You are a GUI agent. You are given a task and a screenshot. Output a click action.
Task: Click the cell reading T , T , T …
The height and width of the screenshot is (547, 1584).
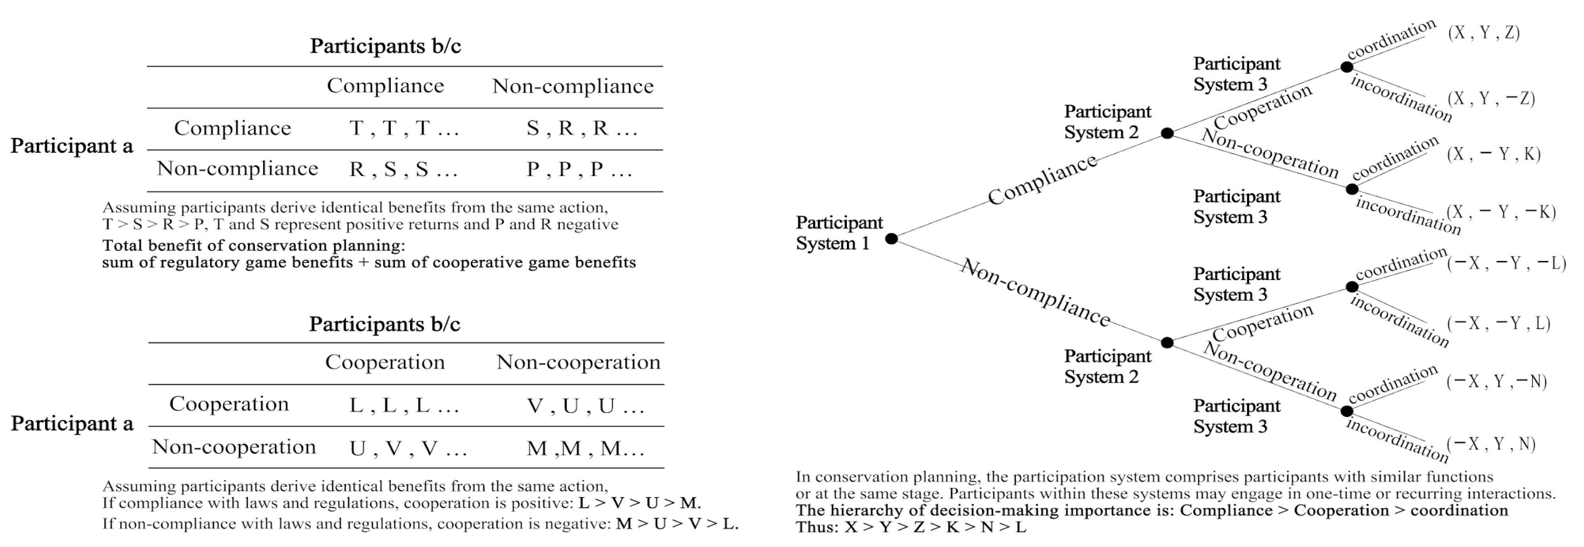404,129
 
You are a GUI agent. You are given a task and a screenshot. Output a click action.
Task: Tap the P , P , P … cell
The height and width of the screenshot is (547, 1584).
579,169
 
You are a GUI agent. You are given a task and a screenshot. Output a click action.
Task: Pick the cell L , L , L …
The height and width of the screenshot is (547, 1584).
404,405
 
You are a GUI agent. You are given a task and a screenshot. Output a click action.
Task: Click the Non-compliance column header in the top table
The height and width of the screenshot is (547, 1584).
573,86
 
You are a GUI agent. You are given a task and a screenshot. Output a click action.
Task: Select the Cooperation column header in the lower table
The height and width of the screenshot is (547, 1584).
385,363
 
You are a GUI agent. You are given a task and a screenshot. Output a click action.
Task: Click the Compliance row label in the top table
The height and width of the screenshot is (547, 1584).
233,128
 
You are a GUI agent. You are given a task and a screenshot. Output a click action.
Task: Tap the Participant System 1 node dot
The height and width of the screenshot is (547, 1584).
891,239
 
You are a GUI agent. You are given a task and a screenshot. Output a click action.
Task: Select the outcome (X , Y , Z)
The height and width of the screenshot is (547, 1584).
1483,33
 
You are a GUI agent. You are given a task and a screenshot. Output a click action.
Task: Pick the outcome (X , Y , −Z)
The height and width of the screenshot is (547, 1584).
1490,98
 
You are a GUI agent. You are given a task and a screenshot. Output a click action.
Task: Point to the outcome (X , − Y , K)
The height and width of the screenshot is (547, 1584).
1493,154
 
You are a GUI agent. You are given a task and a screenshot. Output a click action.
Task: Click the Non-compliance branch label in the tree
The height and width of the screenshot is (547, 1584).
1036,293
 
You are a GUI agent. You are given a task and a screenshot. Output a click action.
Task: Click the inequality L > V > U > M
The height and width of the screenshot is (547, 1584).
640,503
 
